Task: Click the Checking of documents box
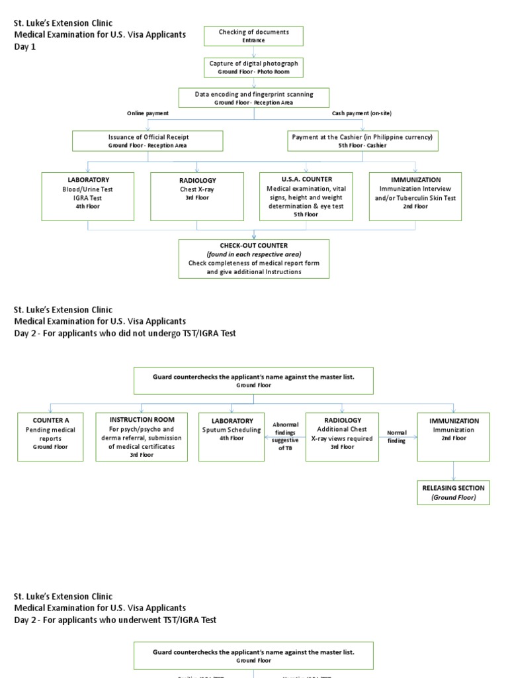(254, 36)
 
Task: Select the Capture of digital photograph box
(254, 67)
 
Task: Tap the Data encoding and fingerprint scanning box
(254, 98)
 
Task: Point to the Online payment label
(148, 113)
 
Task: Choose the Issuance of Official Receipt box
(148, 140)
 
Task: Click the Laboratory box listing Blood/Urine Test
(88, 196)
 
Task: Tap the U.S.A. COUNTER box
(306, 196)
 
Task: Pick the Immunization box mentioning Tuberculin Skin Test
(415, 196)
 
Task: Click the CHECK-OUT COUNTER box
(254, 258)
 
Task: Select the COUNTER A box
(51, 436)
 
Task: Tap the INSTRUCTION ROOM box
(142, 436)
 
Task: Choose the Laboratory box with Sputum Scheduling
(232, 436)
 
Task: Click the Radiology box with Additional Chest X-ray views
(342, 436)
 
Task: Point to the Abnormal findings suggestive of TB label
(286, 436)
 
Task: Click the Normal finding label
(397, 436)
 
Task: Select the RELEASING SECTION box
(453, 493)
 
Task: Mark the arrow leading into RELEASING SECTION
(454, 471)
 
